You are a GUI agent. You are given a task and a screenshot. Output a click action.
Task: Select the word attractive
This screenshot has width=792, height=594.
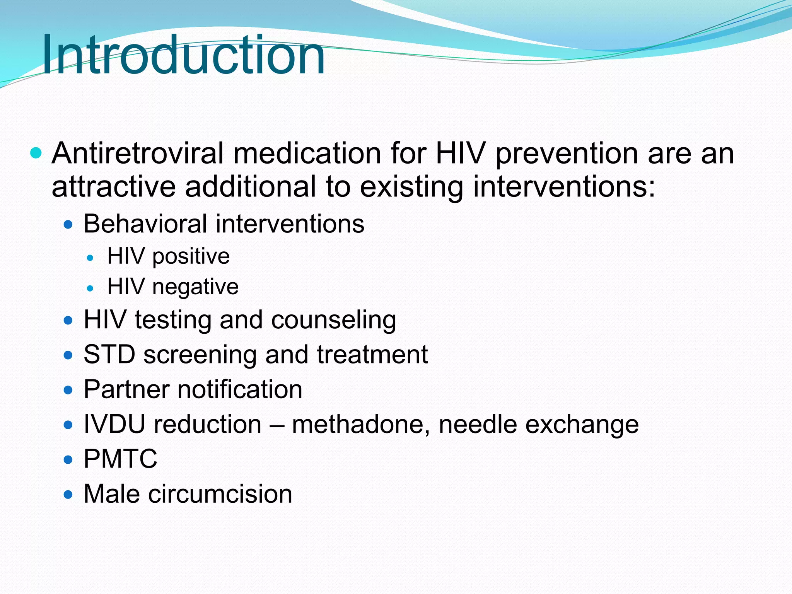(113, 187)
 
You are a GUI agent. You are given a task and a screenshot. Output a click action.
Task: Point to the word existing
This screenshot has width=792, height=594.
(411, 187)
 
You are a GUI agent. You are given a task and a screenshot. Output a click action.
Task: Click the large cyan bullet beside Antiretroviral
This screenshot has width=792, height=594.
(36, 153)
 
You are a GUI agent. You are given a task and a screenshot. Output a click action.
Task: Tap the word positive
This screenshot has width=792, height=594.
(191, 257)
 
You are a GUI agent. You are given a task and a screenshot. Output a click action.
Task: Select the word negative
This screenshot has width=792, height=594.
(195, 287)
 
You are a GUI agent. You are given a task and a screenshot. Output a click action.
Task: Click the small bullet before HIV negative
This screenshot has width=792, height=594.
(90, 288)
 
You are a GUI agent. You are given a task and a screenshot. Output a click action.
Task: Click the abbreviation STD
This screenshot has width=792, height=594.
(109, 354)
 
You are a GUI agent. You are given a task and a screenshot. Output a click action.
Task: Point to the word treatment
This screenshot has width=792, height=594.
(372, 354)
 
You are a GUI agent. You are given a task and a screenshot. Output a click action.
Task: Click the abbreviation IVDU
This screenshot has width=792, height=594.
(114, 424)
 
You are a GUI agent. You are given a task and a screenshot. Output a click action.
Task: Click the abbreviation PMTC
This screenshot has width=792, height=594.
(120, 459)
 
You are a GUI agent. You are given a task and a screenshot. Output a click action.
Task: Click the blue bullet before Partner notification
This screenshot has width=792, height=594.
(68, 390)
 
